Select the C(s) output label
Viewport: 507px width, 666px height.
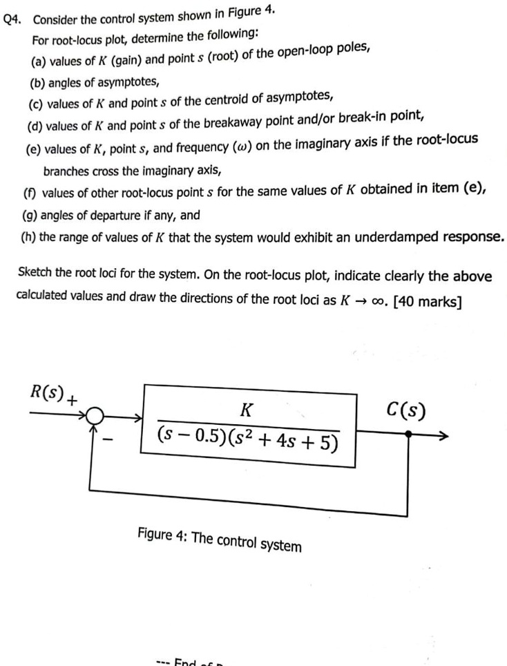coord(407,412)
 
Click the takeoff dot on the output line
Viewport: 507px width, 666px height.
coord(408,435)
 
